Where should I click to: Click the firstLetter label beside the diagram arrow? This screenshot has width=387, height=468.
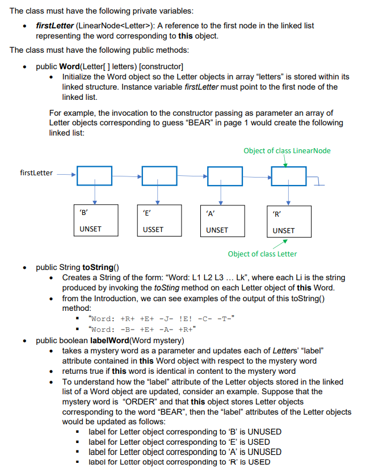coord(37,173)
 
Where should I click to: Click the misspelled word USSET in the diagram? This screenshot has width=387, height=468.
coord(153,230)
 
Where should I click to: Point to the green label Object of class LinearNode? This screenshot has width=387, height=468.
coord(287,150)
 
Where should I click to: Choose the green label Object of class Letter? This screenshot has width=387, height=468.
coord(262,254)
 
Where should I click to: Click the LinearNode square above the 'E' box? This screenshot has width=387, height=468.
coord(159,175)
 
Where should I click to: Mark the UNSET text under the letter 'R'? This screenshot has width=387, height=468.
coord(283,230)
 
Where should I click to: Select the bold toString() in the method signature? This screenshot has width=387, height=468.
coord(100,267)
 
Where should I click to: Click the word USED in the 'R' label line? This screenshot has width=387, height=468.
coord(259,462)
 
